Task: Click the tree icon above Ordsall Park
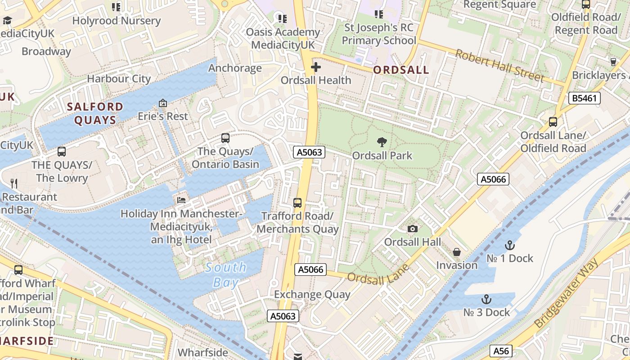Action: [x=382, y=142]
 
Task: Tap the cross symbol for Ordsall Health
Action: [x=316, y=67]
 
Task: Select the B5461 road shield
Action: [x=585, y=98]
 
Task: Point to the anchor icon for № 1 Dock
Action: [x=509, y=245]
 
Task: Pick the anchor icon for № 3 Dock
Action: [x=486, y=299]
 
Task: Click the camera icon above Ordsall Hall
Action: [x=412, y=229]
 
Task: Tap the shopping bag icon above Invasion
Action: [x=456, y=252]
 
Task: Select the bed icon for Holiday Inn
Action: [x=181, y=200]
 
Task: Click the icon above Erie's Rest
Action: [x=163, y=103]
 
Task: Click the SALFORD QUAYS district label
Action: [x=94, y=113]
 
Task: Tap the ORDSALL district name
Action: [x=401, y=71]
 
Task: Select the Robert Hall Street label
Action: [x=499, y=66]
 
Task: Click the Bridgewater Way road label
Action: [x=567, y=292]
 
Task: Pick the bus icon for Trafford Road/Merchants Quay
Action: [x=297, y=202]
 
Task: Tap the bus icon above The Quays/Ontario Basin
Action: [x=225, y=138]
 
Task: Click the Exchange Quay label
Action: [x=312, y=295]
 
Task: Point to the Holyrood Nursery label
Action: [x=116, y=21]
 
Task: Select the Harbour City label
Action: [x=119, y=79]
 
